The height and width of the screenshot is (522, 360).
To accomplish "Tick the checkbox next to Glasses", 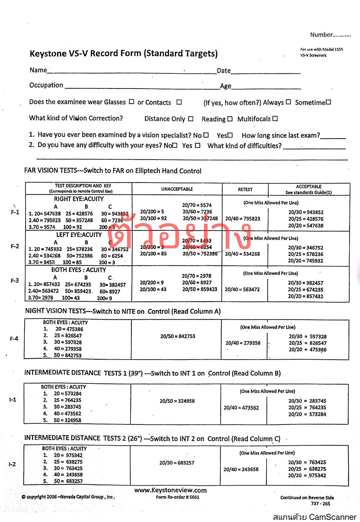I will pyautogui.click(x=131, y=102).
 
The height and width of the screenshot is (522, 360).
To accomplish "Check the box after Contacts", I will pyautogui.click(x=179, y=102).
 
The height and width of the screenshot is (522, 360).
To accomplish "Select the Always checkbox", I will pyautogui.click(x=288, y=102).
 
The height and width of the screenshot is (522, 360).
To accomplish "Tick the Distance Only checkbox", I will pyautogui.click(x=190, y=119).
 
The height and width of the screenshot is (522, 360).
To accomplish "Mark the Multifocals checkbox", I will pyautogui.click(x=275, y=118).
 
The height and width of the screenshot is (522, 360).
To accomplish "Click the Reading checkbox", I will pyautogui.click(x=230, y=119).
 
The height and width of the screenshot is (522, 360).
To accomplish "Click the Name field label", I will pyautogui.click(x=38, y=70).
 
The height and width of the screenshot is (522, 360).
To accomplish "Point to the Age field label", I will pyautogui.click(x=226, y=86).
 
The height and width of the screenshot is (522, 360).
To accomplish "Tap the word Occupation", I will pyautogui.click(x=46, y=85).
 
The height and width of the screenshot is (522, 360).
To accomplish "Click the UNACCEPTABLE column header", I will pyautogui.click(x=177, y=189).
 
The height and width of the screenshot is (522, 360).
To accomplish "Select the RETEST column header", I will pyautogui.click(x=245, y=189).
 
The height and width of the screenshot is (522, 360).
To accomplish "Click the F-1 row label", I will pyautogui.click(x=15, y=212).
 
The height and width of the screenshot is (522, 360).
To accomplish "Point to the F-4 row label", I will pyautogui.click(x=14, y=339).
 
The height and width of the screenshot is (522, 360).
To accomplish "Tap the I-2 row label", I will pyautogui.click(x=12, y=464).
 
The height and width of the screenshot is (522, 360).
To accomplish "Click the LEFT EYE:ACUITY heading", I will pyautogui.click(x=79, y=235).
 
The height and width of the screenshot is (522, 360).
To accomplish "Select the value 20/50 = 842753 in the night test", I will pyautogui.click(x=178, y=336).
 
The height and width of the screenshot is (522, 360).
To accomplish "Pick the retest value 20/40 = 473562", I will pyautogui.click(x=241, y=408).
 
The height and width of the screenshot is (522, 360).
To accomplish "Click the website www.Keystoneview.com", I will pyautogui.click(x=171, y=490).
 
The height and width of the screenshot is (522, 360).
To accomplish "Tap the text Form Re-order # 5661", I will pyautogui.click(x=177, y=497).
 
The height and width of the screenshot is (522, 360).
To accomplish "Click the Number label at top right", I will pyautogui.click(x=321, y=35).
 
